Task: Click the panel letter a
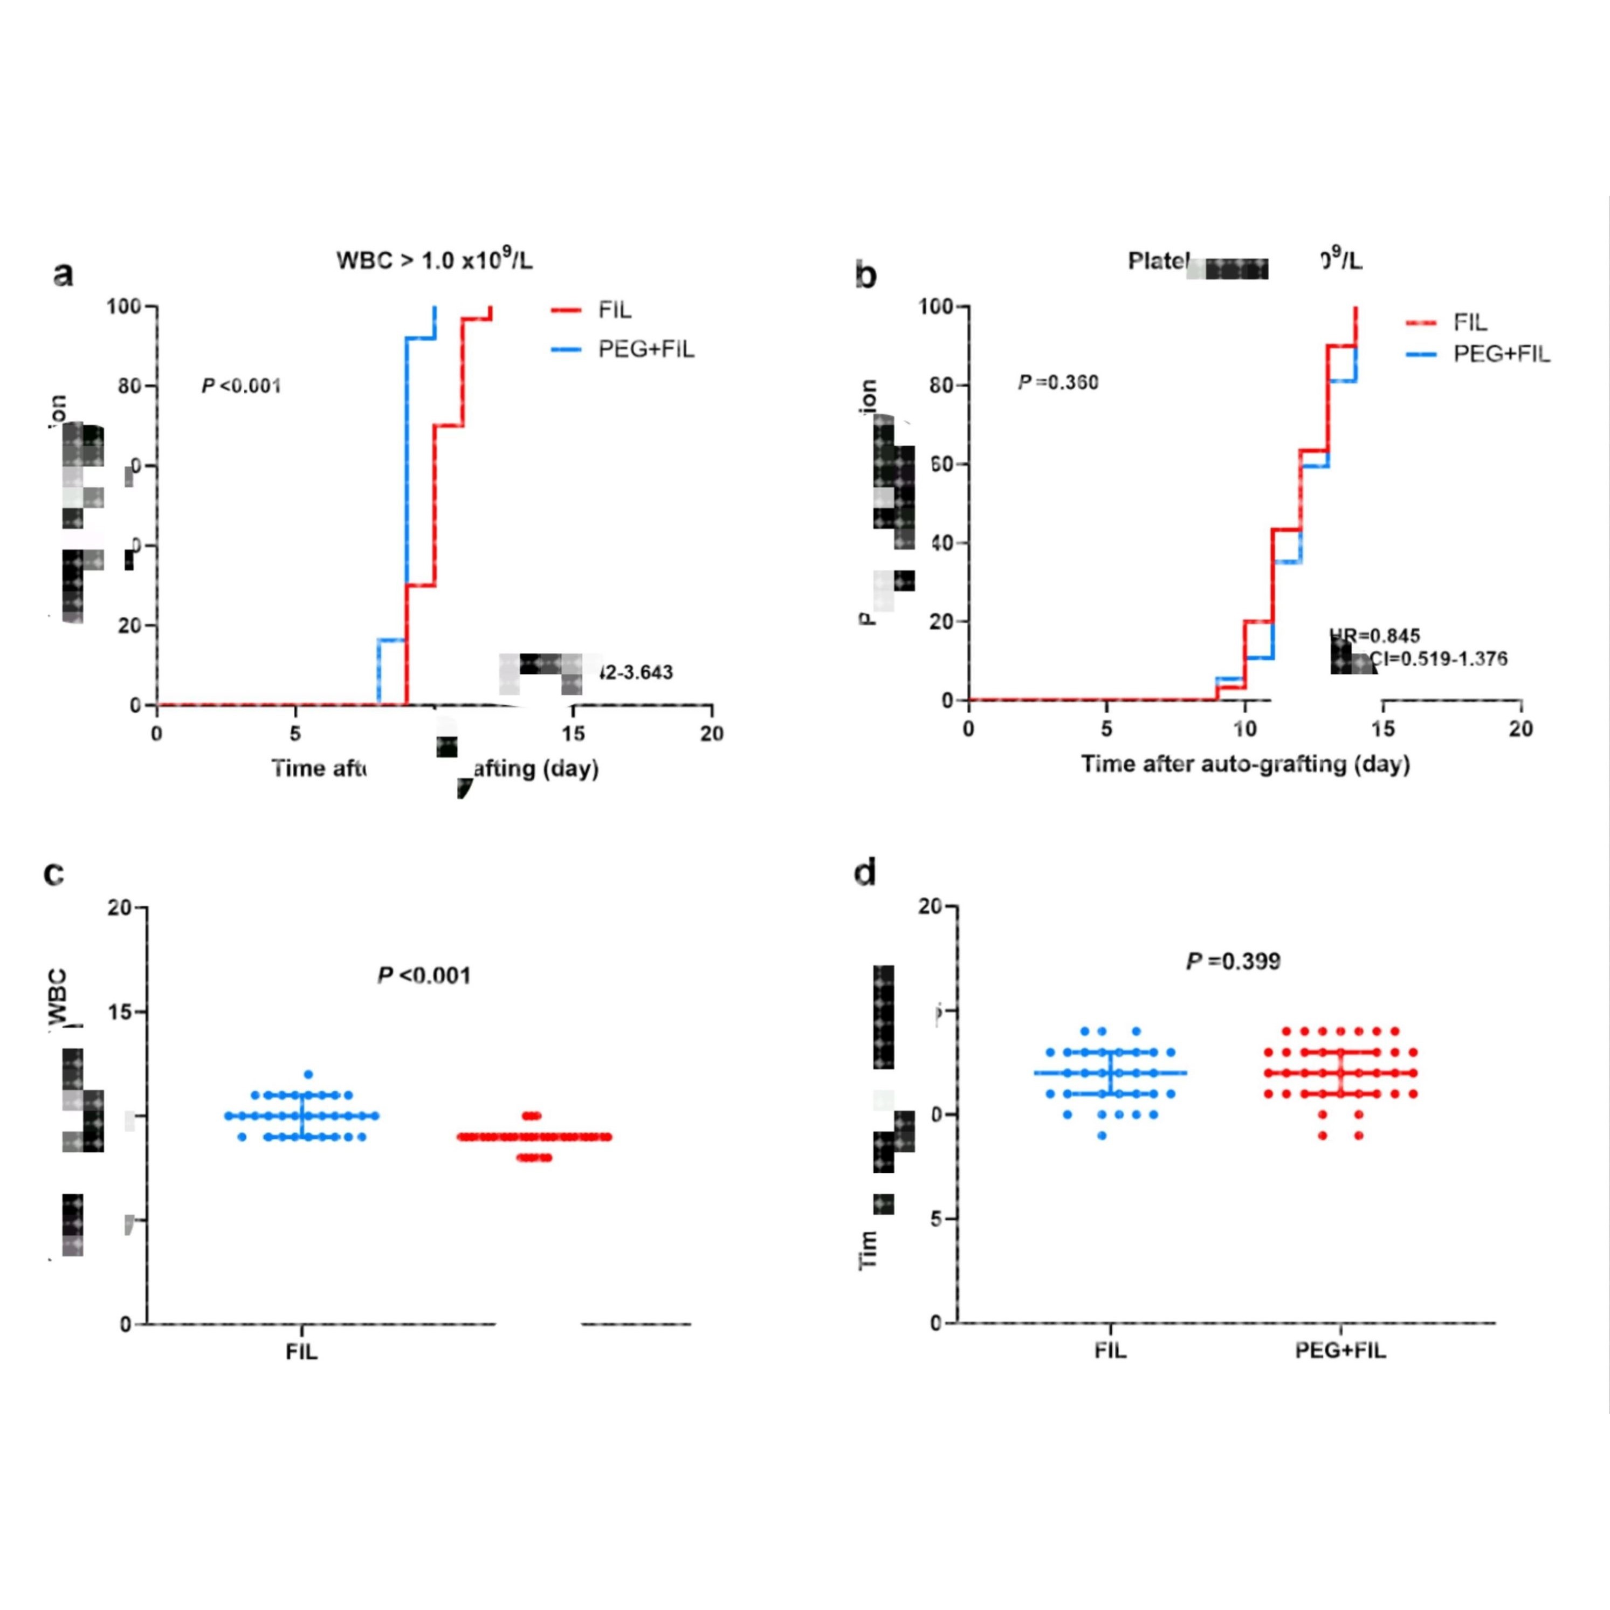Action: (x=63, y=273)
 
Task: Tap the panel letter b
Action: (x=866, y=275)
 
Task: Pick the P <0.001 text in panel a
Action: (x=241, y=386)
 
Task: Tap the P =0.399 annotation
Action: (x=1233, y=962)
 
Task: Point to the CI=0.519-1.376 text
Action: (x=1439, y=659)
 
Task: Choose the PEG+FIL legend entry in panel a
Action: (x=646, y=349)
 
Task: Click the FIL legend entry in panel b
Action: (x=1470, y=322)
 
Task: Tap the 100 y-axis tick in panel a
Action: (x=123, y=307)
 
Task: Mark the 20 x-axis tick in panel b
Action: (x=1521, y=729)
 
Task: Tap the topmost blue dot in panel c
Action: (x=308, y=1075)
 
